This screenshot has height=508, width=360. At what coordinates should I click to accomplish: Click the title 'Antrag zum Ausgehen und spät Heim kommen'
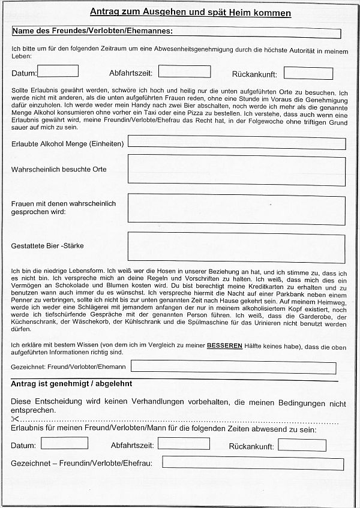(x=190, y=13)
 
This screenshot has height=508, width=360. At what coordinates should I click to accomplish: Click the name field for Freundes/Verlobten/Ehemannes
(x=258, y=34)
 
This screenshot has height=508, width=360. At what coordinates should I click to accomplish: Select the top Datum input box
(x=58, y=71)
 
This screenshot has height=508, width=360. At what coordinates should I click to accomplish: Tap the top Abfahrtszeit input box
(x=184, y=72)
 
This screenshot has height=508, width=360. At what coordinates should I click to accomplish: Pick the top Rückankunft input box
(x=308, y=73)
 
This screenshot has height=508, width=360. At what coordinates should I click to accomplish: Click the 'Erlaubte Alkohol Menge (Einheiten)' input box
(x=236, y=143)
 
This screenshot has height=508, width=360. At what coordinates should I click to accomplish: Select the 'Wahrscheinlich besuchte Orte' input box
(x=236, y=170)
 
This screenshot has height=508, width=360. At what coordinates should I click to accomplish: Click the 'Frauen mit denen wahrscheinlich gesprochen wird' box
(x=236, y=210)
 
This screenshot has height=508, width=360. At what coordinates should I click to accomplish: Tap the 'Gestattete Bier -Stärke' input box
(x=236, y=248)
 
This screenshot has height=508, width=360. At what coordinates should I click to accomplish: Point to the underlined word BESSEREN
(x=225, y=347)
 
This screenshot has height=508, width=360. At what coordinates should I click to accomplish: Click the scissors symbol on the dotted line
(x=16, y=419)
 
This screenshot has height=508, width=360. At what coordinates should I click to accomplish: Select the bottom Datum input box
(x=64, y=443)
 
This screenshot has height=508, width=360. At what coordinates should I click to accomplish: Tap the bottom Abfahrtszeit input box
(x=184, y=444)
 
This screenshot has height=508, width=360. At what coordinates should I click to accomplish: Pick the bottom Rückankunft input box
(x=302, y=445)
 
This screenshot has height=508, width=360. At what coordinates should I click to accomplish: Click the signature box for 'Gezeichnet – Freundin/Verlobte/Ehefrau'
(x=253, y=463)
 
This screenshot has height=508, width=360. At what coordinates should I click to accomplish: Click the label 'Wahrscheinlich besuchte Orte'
(x=59, y=170)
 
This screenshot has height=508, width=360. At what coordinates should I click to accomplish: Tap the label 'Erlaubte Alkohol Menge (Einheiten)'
(x=67, y=144)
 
